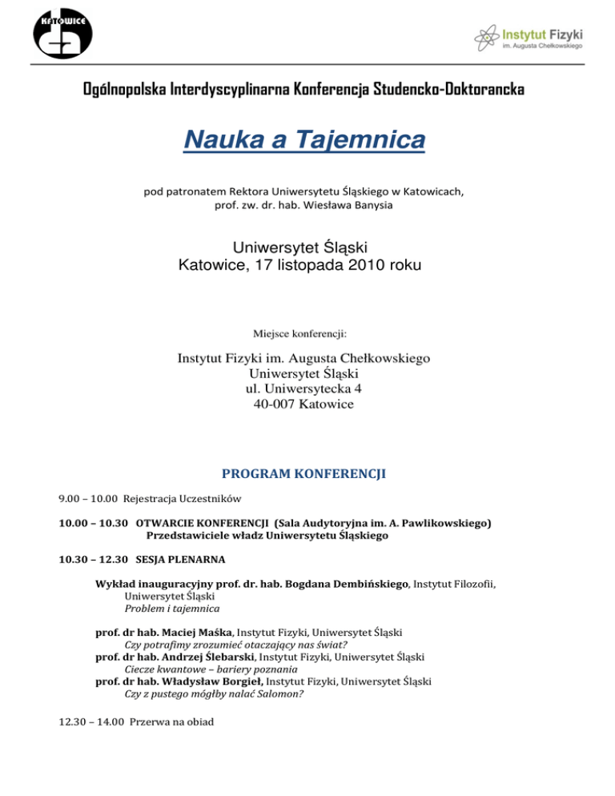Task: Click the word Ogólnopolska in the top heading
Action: point(125,89)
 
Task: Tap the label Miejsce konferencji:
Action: point(307,335)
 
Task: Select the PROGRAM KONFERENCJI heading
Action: point(307,473)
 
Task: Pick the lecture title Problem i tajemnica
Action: point(167,608)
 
